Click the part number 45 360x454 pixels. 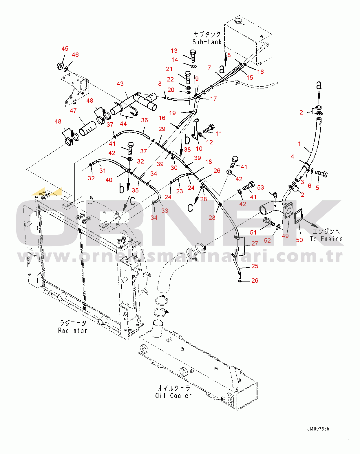tap(65, 49)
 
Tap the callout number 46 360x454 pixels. tap(75, 55)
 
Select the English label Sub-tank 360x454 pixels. tap(207, 42)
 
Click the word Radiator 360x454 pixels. tap(73, 330)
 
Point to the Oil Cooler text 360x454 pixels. tap(173, 396)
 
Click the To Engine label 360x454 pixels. tap(326, 239)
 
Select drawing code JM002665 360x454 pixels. tap(318, 429)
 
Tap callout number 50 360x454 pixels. tap(299, 240)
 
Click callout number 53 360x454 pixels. tap(261, 188)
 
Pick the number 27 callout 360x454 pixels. tap(255, 244)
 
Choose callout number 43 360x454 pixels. tap(120, 84)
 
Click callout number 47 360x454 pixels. tap(73, 111)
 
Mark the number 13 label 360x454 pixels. tap(174, 51)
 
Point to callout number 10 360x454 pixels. tap(199, 149)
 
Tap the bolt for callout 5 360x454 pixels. tap(321, 174)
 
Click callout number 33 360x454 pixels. tap(165, 211)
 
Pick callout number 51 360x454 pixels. tap(253, 232)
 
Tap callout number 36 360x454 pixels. tap(145, 120)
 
